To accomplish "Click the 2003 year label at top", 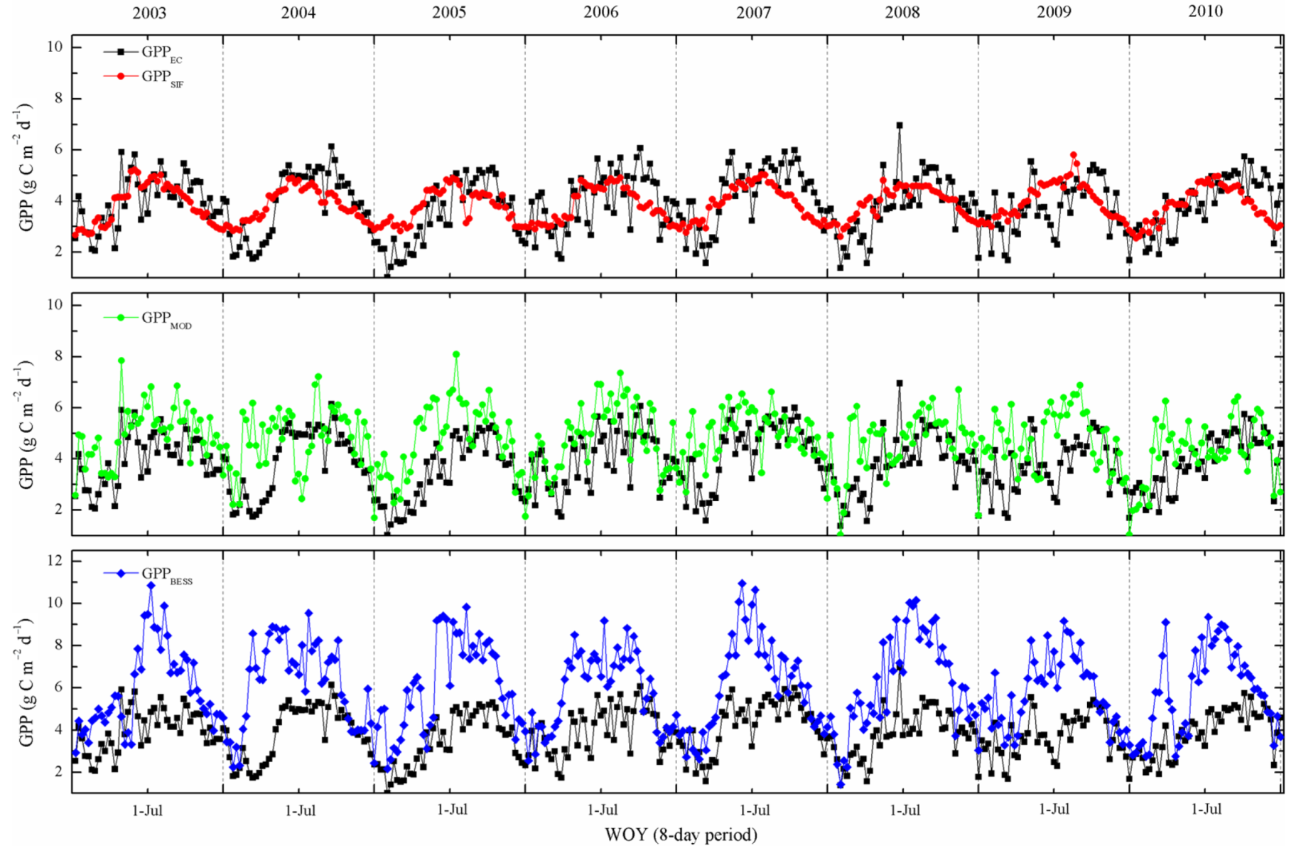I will tap(149, 12).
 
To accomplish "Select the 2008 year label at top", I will tap(902, 12).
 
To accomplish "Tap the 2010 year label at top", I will tap(1205, 12).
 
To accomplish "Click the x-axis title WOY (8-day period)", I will tap(680, 835).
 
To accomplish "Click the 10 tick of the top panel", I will tap(55, 47).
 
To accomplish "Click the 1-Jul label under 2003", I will tap(148, 810).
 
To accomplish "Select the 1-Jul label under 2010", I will tap(1205, 810).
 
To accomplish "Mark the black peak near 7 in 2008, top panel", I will tap(900, 125).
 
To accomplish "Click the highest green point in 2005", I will tap(456, 354).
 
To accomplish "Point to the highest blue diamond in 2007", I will tap(742, 583).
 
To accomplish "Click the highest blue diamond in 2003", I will tap(151, 585).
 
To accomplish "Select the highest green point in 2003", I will tap(122, 360).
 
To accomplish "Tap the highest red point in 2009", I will tap(1073, 155).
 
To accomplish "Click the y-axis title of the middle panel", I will tap(26, 424).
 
